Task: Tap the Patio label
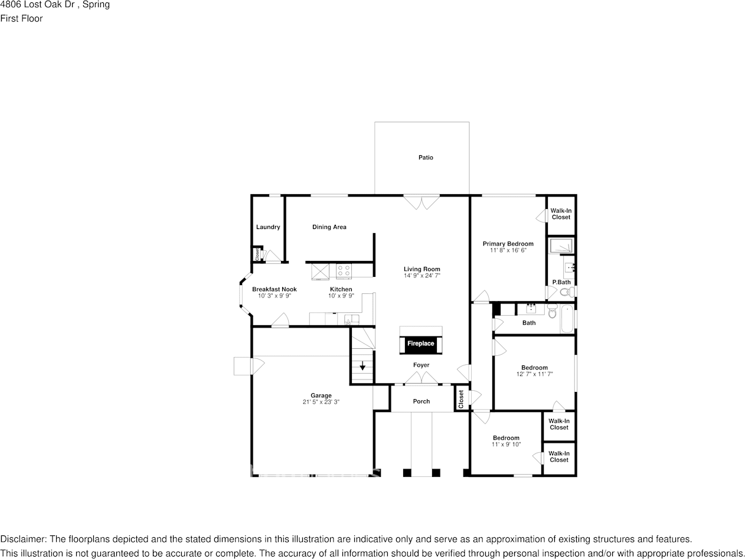426,158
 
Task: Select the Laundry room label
268,227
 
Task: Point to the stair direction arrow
362,365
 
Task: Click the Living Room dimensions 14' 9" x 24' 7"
422,276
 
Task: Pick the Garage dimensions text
321,402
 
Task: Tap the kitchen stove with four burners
344,271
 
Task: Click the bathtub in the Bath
567,319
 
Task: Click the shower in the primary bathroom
561,246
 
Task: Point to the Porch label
421,401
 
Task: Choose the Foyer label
421,365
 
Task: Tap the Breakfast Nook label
275,289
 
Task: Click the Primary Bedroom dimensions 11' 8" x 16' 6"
508,250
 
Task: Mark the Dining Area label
329,227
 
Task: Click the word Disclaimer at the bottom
23,540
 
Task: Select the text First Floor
21,18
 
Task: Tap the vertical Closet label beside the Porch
461,399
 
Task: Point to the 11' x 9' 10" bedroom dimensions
506,444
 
